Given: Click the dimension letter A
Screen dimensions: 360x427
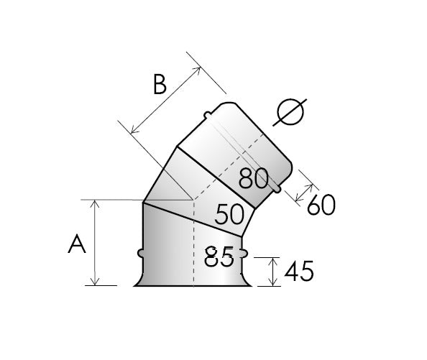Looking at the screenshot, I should pyautogui.click(x=77, y=244).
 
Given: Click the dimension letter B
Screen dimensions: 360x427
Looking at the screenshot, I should pyautogui.click(x=160, y=85).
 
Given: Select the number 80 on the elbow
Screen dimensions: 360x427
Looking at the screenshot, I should pyautogui.click(x=254, y=178).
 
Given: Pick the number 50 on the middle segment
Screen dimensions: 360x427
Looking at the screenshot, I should pyautogui.click(x=229, y=214).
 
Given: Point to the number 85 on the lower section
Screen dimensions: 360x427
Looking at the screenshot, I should pyautogui.click(x=219, y=257).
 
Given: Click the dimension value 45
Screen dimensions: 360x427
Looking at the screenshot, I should pyautogui.click(x=298, y=272).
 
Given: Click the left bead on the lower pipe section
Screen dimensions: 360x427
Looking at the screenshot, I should pyautogui.click(x=139, y=254).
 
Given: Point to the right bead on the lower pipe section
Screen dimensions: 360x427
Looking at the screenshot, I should pyautogui.click(x=247, y=254).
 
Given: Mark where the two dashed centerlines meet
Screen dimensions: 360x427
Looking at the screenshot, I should pyautogui.click(x=192, y=199).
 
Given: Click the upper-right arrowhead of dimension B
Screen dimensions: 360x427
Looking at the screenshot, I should pyautogui.click(x=198, y=70).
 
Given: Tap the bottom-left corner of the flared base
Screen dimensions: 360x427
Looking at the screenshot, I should pyautogui.click(x=134, y=286).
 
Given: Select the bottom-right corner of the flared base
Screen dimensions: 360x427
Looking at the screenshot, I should pyautogui.click(x=252, y=286).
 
